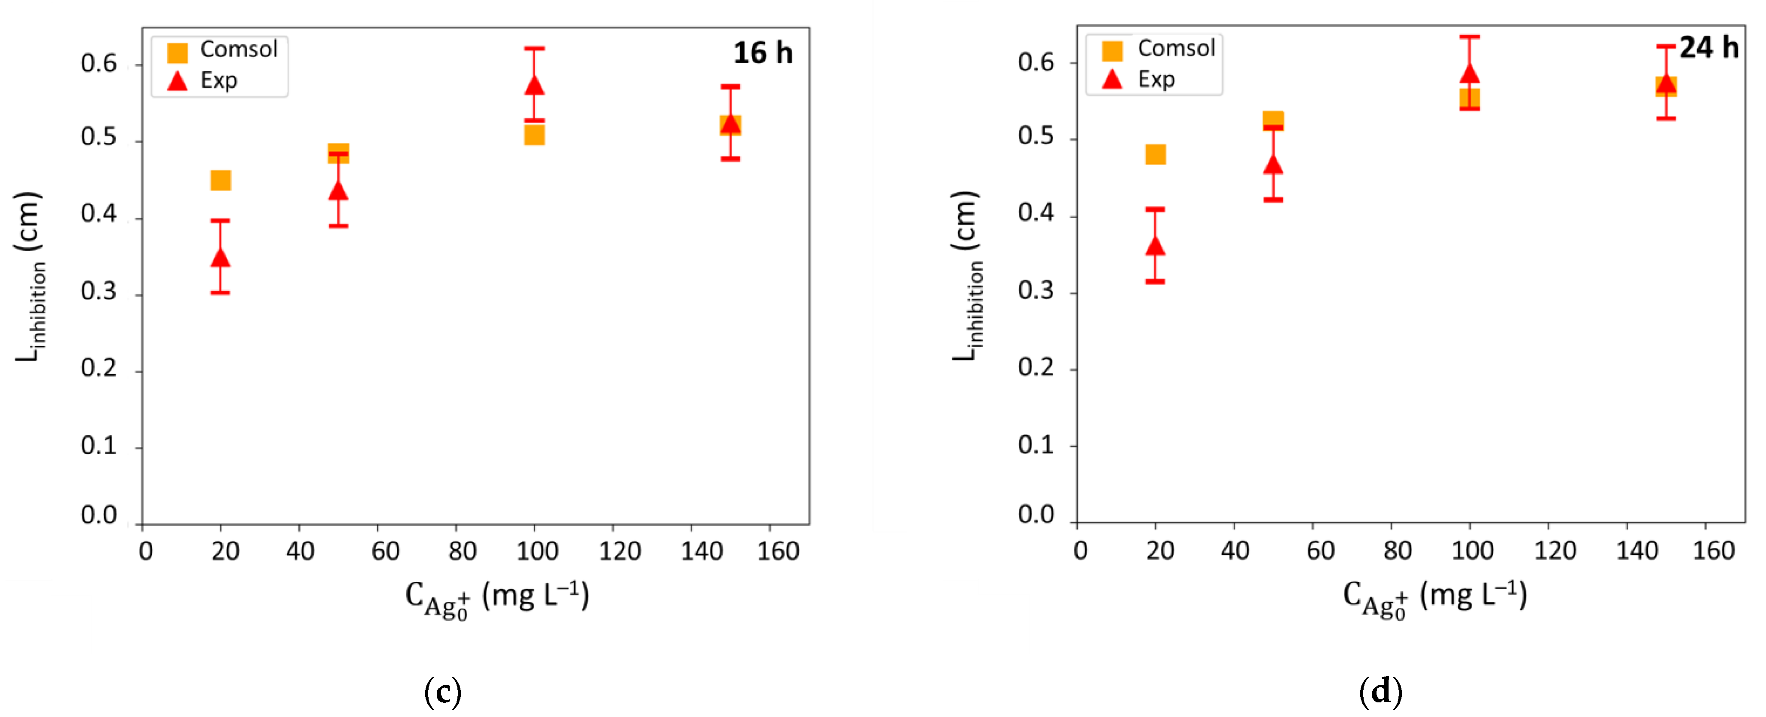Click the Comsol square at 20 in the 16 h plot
tap(220, 181)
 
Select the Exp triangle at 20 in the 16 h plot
tap(220, 257)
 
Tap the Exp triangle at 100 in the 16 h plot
tap(534, 85)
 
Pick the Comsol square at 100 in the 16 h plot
tap(534, 135)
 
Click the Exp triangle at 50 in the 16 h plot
tap(338, 190)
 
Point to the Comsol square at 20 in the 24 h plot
tap(1155, 154)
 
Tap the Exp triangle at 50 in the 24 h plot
tap(1273, 165)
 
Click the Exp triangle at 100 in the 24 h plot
tap(1469, 74)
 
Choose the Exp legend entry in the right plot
tap(1156, 80)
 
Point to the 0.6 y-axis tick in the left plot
tap(99, 64)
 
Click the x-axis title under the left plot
tap(497, 597)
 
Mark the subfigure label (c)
tap(443, 692)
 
